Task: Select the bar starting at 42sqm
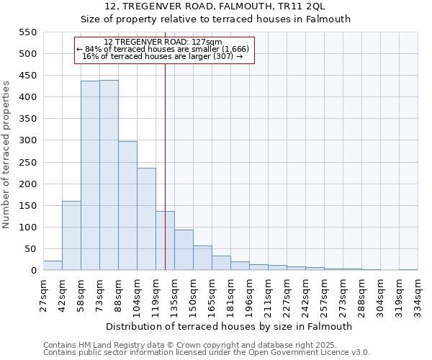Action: click(x=71, y=235)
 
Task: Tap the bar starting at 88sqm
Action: click(x=127, y=205)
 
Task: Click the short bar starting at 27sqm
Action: click(x=53, y=266)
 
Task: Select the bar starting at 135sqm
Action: click(x=184, y=250)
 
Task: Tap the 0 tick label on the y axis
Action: click(x=32, y=271)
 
